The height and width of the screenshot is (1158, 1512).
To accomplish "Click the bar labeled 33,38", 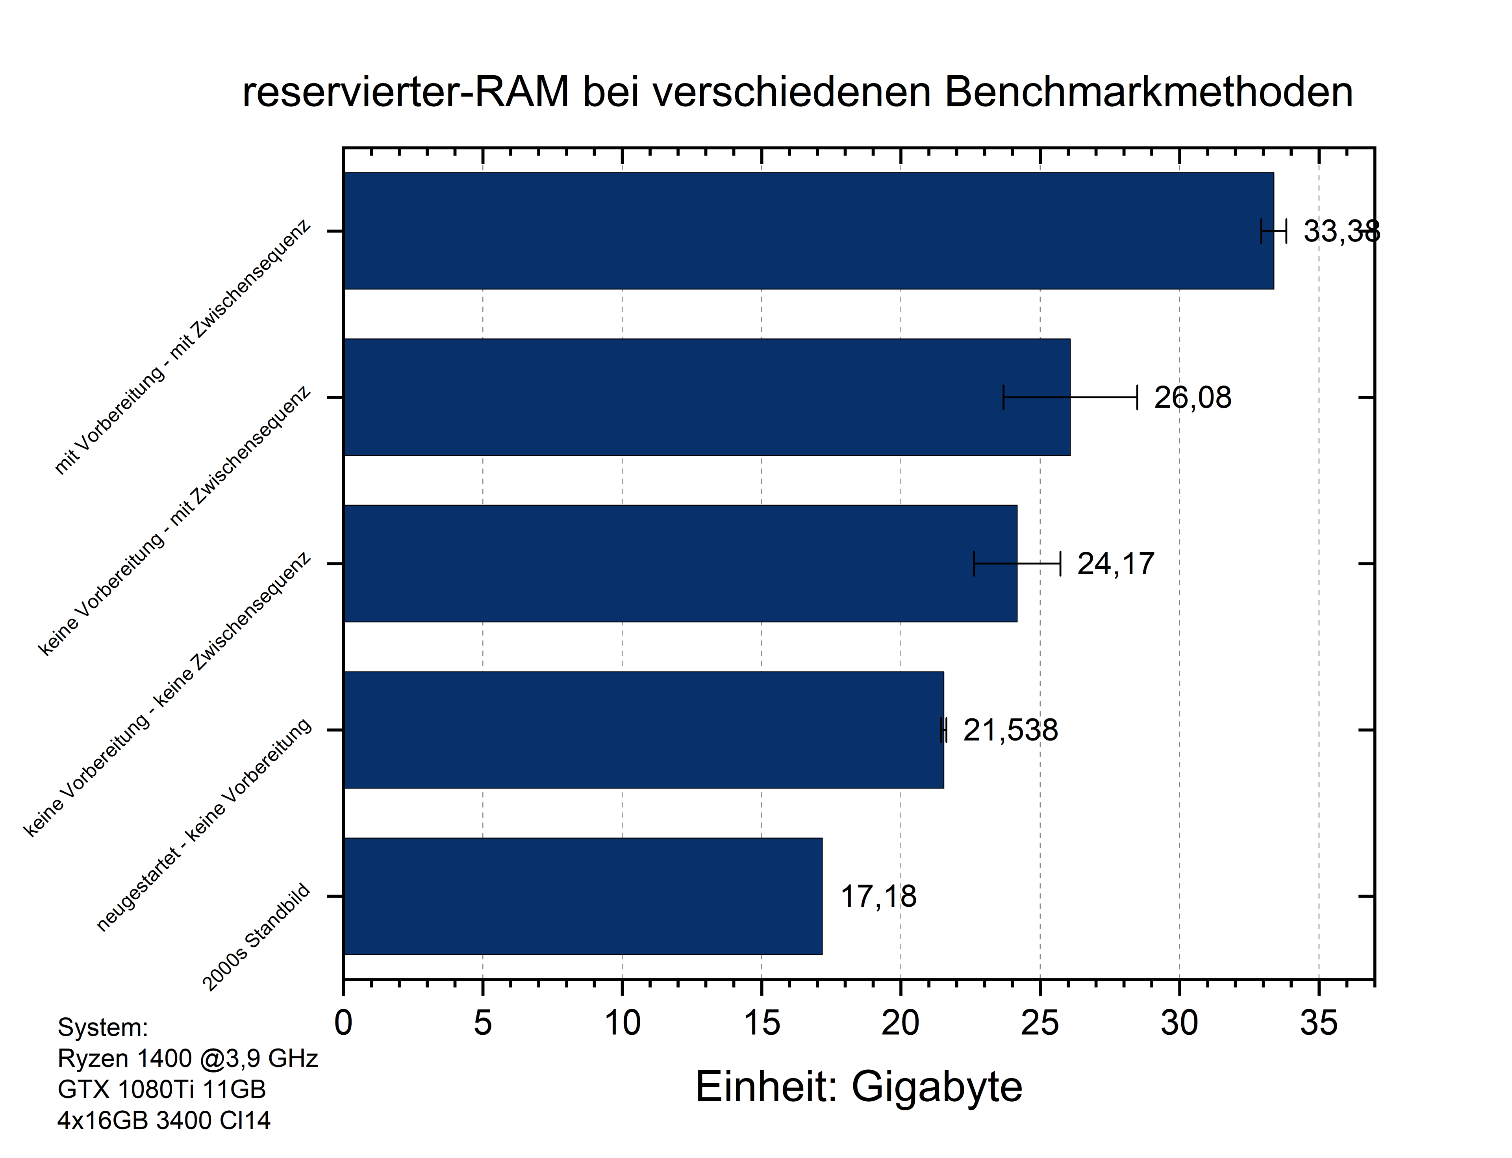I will pyautogui.click(x=806, y=231).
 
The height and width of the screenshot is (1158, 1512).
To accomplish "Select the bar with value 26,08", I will pyautogui.click(x=706, y=397).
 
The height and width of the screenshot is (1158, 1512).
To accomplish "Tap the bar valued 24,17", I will pyautogui.click(x=679, y=564).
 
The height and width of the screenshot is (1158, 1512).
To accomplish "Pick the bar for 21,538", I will pyautogui.click(x=643, y=730).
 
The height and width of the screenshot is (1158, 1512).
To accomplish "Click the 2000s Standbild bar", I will pyautogui.click(x=582, y=896).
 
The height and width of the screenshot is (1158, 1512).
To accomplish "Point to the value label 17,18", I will pyautogui.click(x=878, y=897).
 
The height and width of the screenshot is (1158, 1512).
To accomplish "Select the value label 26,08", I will pyautogui.click(x=1192, y=398).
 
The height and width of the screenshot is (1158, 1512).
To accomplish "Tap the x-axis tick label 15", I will pyautogui.click(x=762, y=1023).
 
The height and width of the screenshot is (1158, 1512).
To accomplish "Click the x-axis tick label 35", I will pyautogui.click(x=1318, y=1023).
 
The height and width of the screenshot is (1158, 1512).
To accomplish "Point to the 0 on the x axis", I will pyautogui.click(x=343, y=1023).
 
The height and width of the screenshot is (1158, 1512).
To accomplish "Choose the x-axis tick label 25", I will pyautogui.click(x=1040, y=1023).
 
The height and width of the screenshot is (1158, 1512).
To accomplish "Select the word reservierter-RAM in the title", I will pyautogui.click(x=406, y=92).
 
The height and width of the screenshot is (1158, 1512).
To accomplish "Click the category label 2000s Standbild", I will pyautogui.click(x=256, y=937).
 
